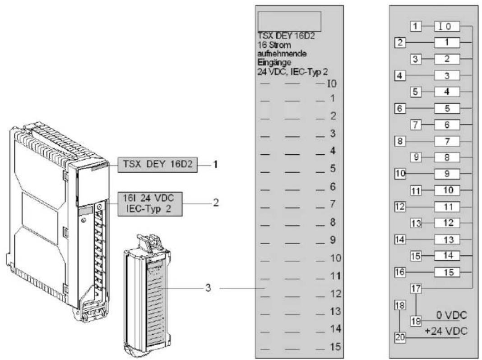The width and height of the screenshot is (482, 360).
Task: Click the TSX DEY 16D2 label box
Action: pyautogui.click(x=158, y=165)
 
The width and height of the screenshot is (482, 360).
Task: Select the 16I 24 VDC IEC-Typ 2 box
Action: pyautogui.click(x=150, y=204)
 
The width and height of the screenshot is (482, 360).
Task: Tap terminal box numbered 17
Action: pyautogui.click(x=416, y=289)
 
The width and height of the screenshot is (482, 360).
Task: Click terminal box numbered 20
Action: pyautogui.click(x=400, y=337)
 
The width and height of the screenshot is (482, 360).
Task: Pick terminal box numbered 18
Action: pyautogui.click(x=400, y=305)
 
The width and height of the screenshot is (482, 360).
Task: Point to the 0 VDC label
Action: pyautogui.click(x=452, y=315)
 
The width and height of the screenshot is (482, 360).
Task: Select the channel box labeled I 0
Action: pyautogui.click(x=447, y=27)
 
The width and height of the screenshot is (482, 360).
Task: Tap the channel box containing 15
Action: pyautogui.click(x=447, y=272)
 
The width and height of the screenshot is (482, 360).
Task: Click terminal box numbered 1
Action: pyautogui.click(x=416, y=26)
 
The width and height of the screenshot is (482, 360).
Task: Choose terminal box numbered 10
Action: pyautogui.click(x=400, y=174)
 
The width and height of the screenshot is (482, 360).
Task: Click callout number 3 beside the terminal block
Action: pyautogui.click(x=208, y=288)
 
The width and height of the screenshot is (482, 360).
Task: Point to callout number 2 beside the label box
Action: pyautogui.click(x=216, y=203)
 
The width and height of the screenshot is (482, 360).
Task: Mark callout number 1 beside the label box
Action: pyautogui.click(x=216, y=165)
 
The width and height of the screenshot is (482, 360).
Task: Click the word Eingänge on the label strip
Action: pyautogui.click(x=274, y=63)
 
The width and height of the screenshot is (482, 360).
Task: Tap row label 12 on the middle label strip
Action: pyautogui.click(x=336, y=294)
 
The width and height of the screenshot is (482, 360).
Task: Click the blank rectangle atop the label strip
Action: pyautogui.click(x=289, y=22)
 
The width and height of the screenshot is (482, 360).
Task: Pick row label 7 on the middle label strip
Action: pyautogui.click(x=333, y=204)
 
